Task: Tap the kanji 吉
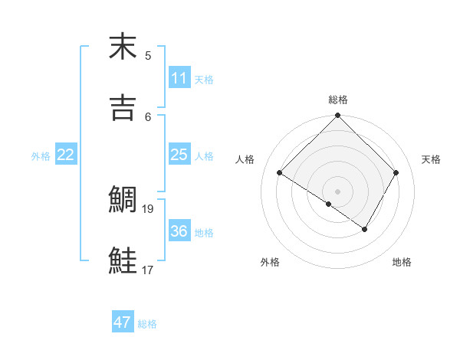tap(123, 107)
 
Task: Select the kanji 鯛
tap(123, 200)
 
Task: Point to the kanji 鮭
tap(123, 261)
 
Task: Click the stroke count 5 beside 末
tap(148, 55)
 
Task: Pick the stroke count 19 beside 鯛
tap(149, 208)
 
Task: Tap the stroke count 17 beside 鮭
tap(149, 270)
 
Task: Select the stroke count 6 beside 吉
tap(148, 116)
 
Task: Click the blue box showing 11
tap(179, 78)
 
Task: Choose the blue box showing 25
tap(179, 155)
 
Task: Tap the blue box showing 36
tap(179, 231)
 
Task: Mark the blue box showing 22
tap(66, 155)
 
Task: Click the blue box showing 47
tap(123, 322)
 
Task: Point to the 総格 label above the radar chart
tap(338, 100)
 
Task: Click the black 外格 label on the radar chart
tap(270, 262)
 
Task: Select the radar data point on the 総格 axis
tap(338, 116)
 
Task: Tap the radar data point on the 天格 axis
tap(396, 173)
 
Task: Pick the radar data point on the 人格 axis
tap(280, 173)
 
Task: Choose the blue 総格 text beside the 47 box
tap(147, 324)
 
